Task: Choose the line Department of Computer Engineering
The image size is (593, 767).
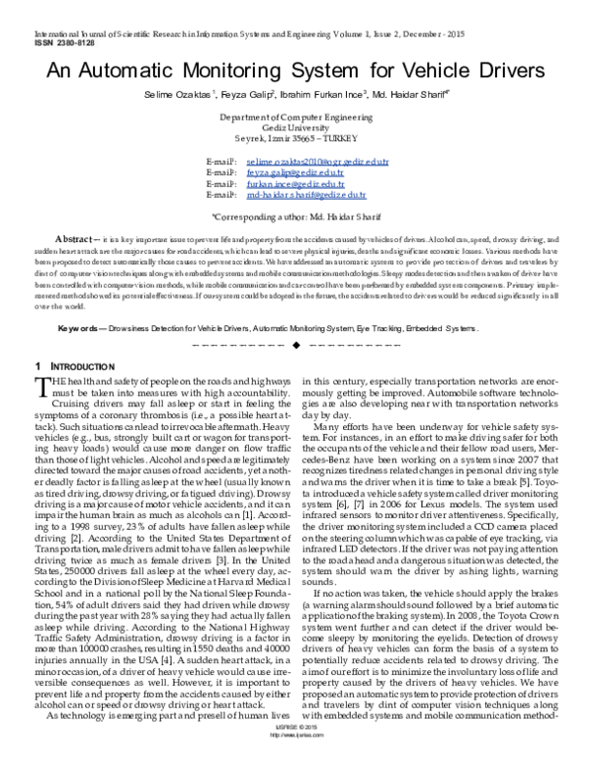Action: [296, 117]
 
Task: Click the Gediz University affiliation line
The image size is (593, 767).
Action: [296, 128]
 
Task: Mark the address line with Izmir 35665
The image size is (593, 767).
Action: [296, 138]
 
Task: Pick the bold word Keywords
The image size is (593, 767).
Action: [77, 298]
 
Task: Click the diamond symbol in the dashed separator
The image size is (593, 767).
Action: [296, 318]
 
